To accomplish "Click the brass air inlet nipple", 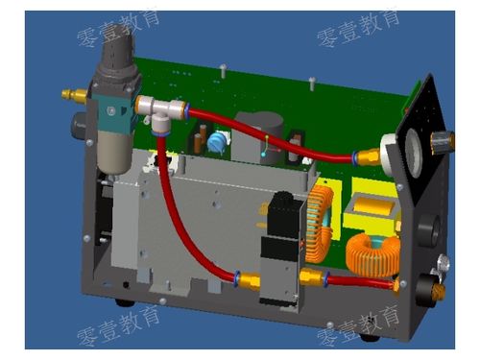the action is coord(74,95).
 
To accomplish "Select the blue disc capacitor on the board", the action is coord(217,142).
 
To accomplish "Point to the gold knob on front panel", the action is coord(443,141).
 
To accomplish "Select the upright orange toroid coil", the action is coord(320,224).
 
